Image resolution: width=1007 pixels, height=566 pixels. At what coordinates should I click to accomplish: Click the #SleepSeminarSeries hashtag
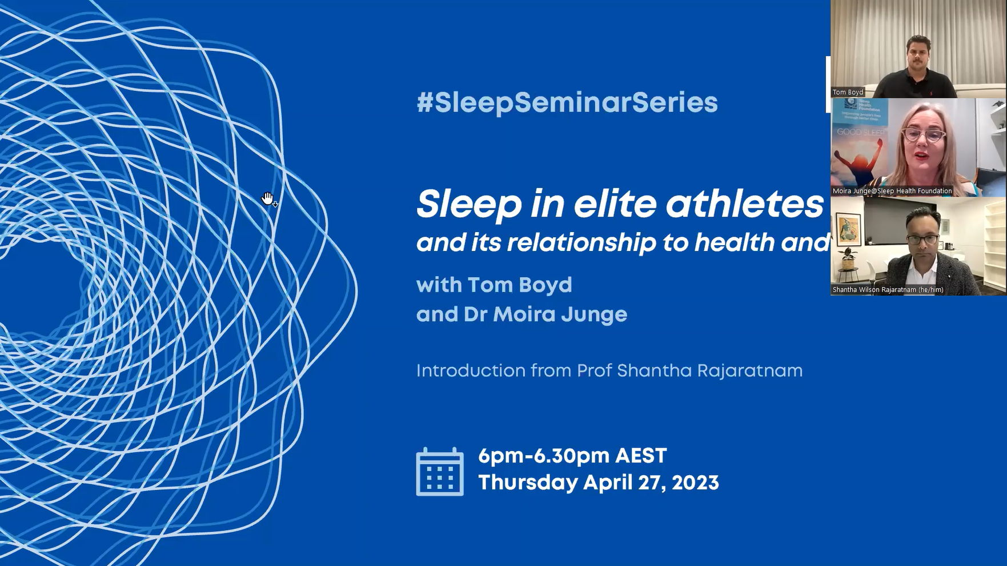567,103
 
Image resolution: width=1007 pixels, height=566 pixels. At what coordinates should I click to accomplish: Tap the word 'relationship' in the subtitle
581,242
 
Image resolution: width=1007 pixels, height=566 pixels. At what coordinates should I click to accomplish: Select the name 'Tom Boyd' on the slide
519,285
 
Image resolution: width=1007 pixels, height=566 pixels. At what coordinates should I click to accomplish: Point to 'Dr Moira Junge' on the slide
545,314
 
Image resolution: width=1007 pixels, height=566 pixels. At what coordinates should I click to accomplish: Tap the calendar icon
439,472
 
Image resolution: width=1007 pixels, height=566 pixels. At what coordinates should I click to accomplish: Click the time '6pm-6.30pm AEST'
572,456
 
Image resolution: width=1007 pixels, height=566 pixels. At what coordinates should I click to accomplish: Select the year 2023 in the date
695,483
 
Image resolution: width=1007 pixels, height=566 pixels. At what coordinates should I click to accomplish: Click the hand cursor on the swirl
268,198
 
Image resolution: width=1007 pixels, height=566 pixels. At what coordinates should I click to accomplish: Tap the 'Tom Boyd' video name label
848,92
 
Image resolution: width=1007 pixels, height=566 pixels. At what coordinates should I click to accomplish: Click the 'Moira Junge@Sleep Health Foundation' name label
892,191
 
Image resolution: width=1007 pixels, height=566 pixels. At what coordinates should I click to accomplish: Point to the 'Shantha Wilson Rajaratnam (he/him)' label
888,290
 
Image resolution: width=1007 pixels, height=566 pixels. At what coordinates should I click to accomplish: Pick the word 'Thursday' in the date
528,483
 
